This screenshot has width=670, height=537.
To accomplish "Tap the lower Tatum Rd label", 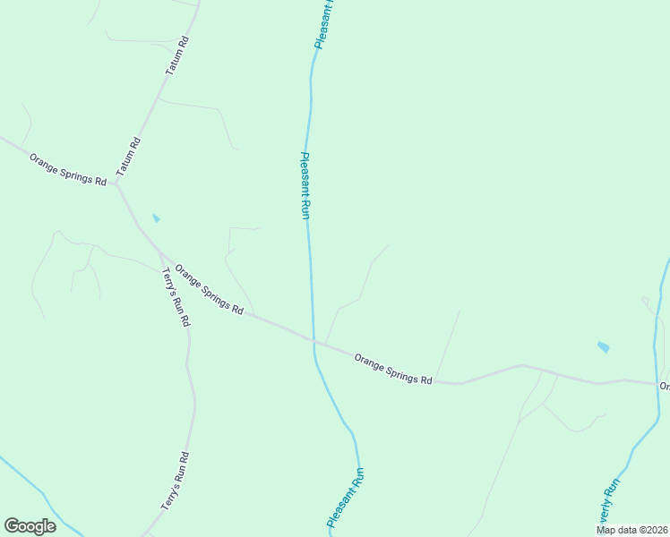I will (129, 156).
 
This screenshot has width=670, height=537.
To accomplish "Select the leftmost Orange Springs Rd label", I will (67, 169).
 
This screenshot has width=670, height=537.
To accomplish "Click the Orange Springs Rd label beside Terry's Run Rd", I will (210, 288).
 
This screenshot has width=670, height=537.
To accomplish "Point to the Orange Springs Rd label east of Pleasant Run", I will (393, 369).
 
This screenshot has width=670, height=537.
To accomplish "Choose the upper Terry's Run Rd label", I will (175, 296).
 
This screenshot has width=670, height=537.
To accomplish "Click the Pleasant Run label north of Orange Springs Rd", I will (305, 185).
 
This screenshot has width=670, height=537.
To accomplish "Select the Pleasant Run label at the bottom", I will (346, 498).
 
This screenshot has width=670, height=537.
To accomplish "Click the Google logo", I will (30, 526).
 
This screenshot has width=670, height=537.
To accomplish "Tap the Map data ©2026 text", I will (631, 530).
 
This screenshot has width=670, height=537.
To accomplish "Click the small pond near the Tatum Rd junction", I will (157, 217).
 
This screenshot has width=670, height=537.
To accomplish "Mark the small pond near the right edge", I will (603, 346).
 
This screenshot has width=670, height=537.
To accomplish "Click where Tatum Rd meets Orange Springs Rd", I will (117, 186).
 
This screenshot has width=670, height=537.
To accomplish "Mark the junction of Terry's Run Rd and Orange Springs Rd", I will (160, 253).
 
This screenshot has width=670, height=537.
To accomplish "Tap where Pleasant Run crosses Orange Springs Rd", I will (314, 340).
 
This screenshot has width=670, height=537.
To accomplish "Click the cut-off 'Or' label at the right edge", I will (665, 387).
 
